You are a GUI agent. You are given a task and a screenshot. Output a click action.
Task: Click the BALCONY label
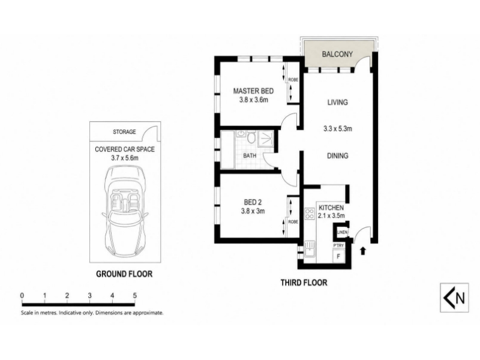tap(337, 54)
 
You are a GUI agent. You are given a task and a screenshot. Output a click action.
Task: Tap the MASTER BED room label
tap(253, 91)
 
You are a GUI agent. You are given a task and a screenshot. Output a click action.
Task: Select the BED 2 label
tap(253, 202)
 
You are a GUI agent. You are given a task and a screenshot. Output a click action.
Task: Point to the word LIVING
tap(337, 102)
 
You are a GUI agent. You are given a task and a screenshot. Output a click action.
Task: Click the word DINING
tap(338, 156)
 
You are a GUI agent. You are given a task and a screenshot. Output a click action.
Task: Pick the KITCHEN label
tap(331, 208)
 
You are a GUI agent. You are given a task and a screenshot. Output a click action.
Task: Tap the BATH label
tap(250, 155)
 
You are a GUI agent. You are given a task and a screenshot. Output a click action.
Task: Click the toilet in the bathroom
tap(251, 137)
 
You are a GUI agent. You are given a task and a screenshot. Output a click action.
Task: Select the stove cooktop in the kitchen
tap(310, 214)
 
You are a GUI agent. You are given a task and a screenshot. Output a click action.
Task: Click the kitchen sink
tap(310, 251)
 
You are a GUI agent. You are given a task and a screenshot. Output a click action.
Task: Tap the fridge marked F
tap(338, 256)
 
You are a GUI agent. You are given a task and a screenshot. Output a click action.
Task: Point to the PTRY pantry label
tap(338, 245)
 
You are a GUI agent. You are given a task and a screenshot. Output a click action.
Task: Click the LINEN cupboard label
tap(342, 232)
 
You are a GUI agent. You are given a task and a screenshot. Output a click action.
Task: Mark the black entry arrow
tap(363, 251)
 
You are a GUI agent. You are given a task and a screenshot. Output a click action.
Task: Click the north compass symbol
tap(454, 298)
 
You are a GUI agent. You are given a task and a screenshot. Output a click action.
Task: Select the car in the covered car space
tap(125, 212)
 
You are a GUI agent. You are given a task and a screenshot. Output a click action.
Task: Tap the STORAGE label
tap(124, 132)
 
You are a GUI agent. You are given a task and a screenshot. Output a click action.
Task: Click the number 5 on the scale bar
tap(134, 296)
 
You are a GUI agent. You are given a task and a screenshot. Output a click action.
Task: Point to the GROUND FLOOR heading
tap(124, 274)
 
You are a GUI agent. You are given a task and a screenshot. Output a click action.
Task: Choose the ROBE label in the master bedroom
tap(293, 80)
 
